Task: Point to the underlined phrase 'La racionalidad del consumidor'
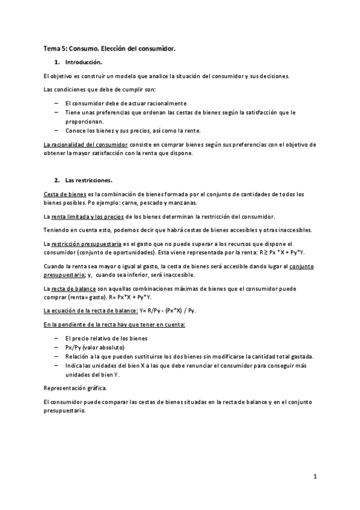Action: coord(86,145)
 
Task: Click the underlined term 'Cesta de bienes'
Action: coord(65,194)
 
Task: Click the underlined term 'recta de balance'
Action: coord(75,289)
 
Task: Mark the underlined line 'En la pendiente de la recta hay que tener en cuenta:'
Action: coord(115,325)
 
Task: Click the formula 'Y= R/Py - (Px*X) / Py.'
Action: coord(168,310)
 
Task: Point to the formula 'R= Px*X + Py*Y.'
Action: coord(129,296)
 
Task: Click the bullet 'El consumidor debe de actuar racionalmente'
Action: coord(126,103)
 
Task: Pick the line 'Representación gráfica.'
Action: coord(75,388)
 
